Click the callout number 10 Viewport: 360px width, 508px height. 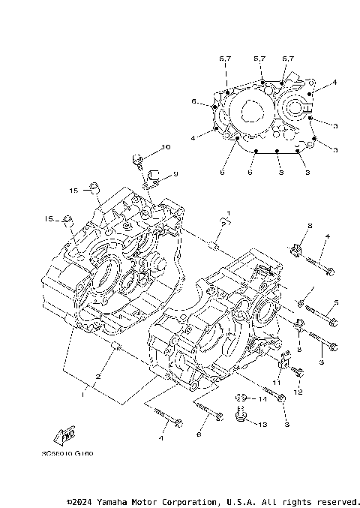tap(166, 146)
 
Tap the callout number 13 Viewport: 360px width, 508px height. tap(262, 425)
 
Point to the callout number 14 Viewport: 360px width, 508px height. tap(262, 400)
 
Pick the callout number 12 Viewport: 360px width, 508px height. tap(298, 392)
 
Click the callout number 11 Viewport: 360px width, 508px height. tap(276, 383)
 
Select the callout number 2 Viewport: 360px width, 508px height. tap(97, 376)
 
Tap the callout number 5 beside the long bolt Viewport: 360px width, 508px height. tap(336, 302)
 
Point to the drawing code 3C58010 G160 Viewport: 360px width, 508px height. tap(73, 452)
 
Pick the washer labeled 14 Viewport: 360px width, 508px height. tap(241, 397)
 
